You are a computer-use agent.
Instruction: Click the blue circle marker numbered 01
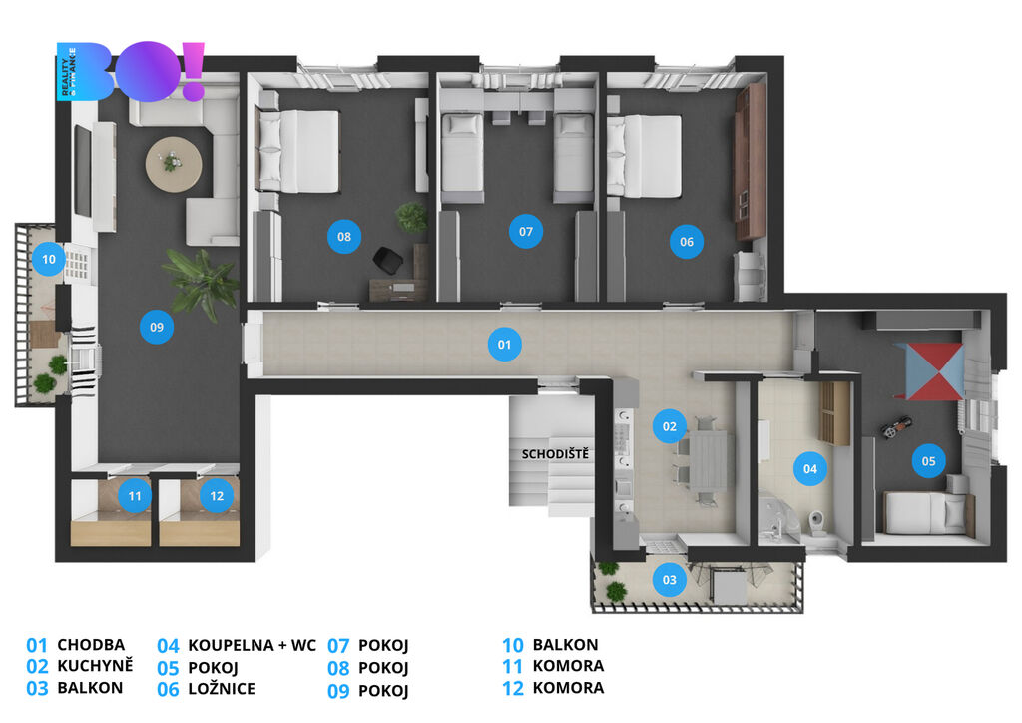click(504, 345)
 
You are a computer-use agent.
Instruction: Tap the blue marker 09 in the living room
click(157, 327)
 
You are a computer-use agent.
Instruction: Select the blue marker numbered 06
click(687, 242)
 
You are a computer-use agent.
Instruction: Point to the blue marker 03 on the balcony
click(670, 579)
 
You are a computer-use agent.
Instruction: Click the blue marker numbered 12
click(217, 496)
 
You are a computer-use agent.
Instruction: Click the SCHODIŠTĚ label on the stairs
click(555, 453)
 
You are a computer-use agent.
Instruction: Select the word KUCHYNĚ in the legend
click(95, 666)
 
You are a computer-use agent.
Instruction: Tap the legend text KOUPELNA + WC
click(252, 645)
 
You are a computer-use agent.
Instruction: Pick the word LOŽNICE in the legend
click(222, 688)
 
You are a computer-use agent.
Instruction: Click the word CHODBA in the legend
click(91, 645)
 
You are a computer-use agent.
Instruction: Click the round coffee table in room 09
click(174, 163)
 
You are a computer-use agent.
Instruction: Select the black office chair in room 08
click(388, 260)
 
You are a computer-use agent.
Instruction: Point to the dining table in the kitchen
click(708, 461)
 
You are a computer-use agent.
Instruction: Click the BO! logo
click(131, 71)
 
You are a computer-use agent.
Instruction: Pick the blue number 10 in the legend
click(512, 645)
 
